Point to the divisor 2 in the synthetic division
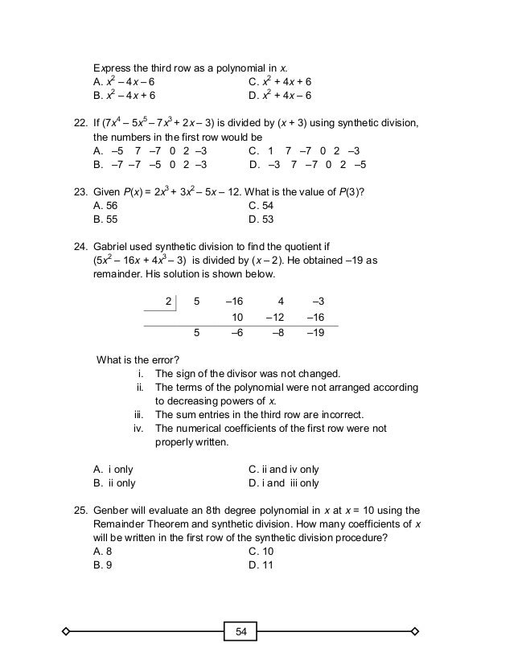tap(169, 301)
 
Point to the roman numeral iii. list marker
tap(138, 414)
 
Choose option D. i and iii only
tap(284, 483)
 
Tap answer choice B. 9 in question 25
tap(101, 565)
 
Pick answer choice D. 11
tap(261, 565)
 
